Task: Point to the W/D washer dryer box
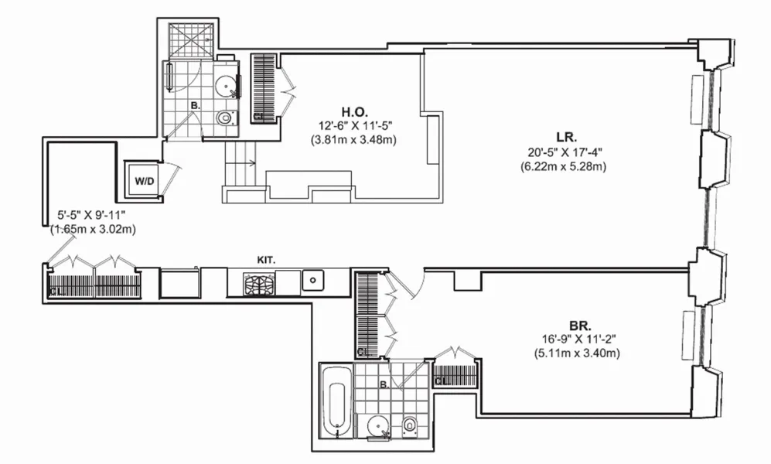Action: (x=144, y=181)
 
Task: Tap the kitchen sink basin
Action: (x=313, y=279)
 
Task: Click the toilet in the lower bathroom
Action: (x=411, y=425)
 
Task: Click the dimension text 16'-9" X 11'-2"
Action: (x=577, y=340)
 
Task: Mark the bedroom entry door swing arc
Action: (x=414, y=285)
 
